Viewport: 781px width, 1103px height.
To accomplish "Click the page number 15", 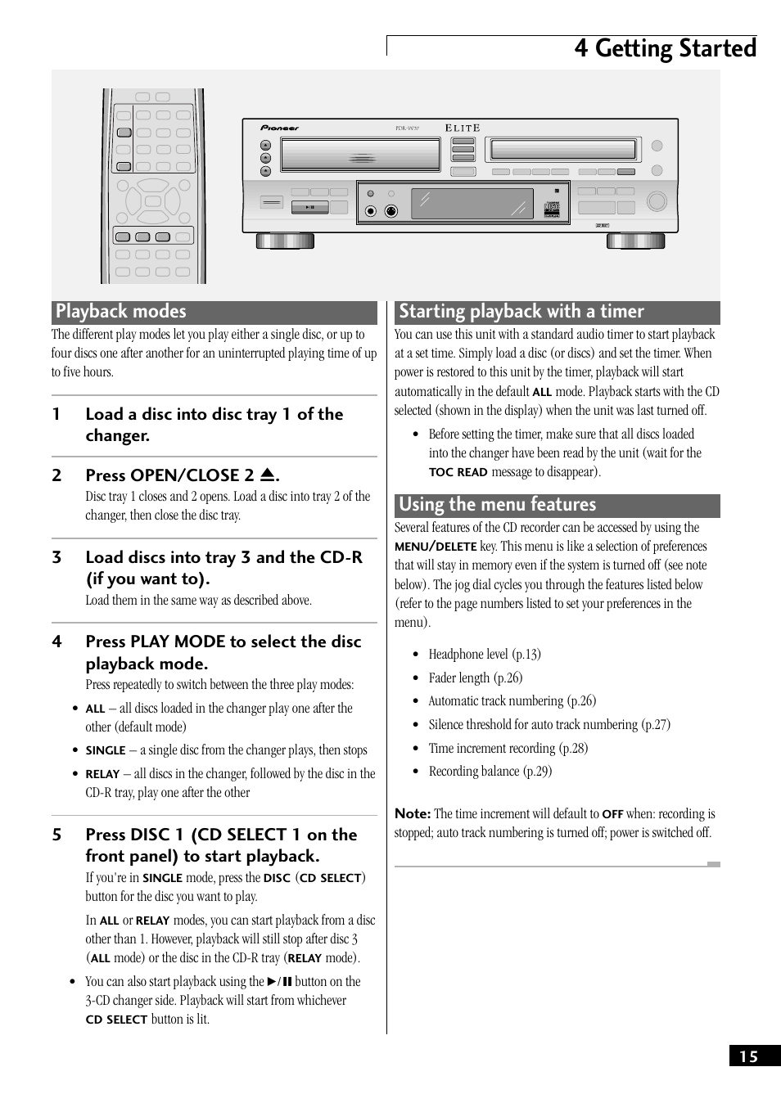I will [x=749, y=1056].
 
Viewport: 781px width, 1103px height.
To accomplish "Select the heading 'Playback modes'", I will [x=121, y=312].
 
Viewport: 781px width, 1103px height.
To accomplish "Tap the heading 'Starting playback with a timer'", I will [x=521, y=312].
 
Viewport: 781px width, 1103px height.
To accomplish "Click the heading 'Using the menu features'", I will [x=497, y=505].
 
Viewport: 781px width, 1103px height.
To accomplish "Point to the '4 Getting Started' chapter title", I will [x=665, y=48].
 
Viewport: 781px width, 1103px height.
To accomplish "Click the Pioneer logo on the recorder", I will [x=280, y=128].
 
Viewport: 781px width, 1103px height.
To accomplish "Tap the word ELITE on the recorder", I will [x=463, y=128].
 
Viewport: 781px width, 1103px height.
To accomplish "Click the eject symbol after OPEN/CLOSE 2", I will [x=268, y=475].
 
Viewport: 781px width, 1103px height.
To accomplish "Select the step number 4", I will [x=56, y=642].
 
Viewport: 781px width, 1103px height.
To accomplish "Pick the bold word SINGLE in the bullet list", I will [x=106, y=750].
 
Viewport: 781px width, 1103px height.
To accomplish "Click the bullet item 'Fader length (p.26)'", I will [x=475, y=678].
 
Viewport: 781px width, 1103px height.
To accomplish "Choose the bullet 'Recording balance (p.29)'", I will [x=490, y=772].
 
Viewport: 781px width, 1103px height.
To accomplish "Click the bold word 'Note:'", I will [x=413, y=813].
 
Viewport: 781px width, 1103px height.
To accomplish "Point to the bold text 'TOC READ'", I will [x=458, y=472].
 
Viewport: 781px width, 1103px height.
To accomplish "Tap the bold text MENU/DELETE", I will [x=436, y=547].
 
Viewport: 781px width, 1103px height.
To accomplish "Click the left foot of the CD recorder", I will [x=285, y=241].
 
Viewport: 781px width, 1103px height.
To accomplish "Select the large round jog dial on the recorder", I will [x=657, y=201].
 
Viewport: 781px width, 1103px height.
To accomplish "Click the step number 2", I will [x=56, y=475].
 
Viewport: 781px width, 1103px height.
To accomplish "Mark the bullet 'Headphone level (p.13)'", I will [x=484, y=655].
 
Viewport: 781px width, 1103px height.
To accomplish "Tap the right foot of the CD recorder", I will [x=635, y=241].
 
